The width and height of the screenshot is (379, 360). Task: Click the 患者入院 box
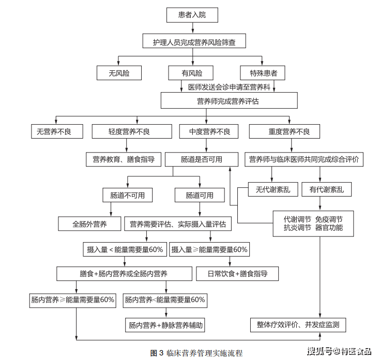coord(192,15)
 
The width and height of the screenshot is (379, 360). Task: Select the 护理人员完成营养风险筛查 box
coord(194,42)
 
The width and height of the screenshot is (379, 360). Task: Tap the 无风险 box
coord(119,73)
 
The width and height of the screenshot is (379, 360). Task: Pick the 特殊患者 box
coord(263,73)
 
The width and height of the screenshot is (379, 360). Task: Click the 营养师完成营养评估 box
coord(229,101)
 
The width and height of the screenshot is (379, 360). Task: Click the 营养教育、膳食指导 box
coord(124,159)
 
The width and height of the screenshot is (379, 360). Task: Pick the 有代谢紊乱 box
coord(326,190)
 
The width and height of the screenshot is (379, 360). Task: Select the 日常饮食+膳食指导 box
coord(237,273)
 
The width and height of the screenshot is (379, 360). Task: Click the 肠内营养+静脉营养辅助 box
coord(166,325)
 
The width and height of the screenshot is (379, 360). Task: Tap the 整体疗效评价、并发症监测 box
coord(298,325)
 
